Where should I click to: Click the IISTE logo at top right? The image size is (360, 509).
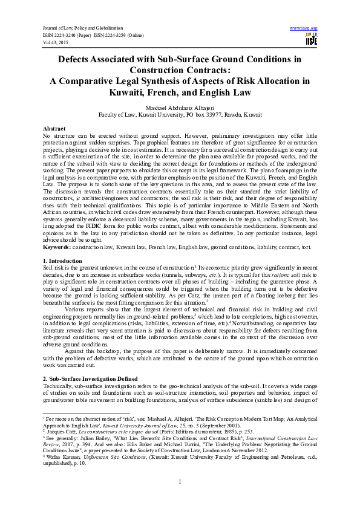click(x=312, y=41)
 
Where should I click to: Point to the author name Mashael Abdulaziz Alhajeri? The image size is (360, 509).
click(x=180, y=106)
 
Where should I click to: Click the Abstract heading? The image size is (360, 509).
click(x=54, y=129)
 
